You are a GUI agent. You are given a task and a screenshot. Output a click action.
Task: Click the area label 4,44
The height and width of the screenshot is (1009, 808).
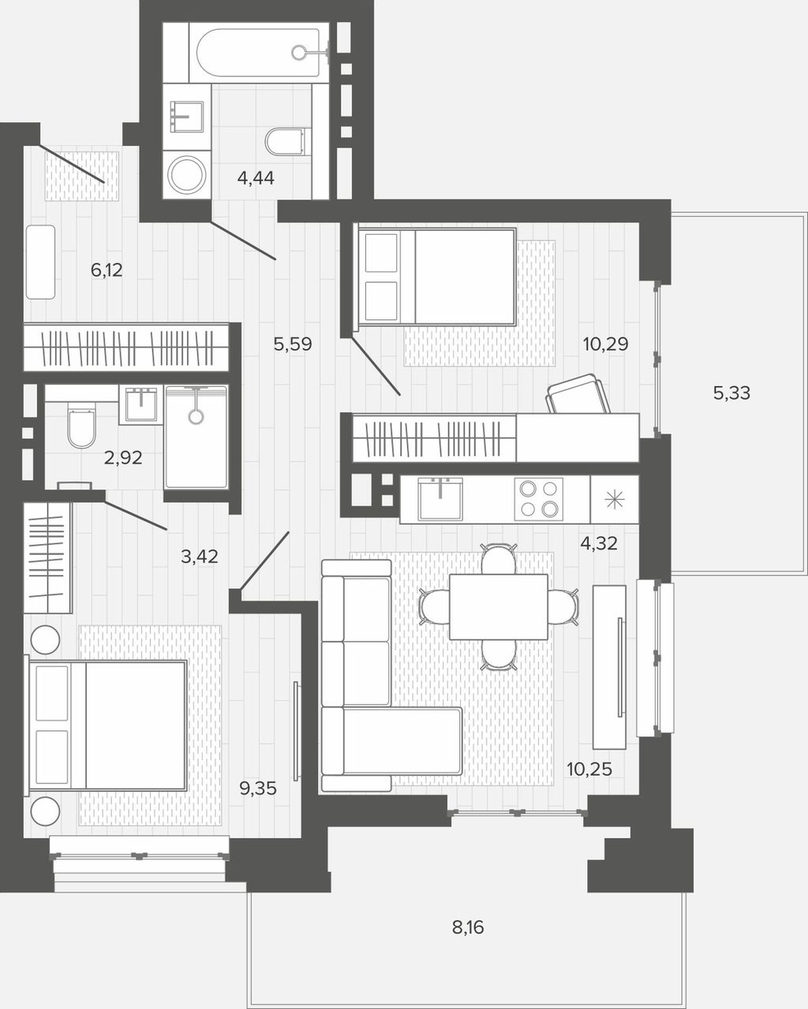click(x=256, y=178)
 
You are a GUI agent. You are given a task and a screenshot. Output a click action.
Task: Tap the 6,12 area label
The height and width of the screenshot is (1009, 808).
click(x=107, y=270)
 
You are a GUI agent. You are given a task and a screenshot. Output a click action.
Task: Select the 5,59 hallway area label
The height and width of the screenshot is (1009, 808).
click(x=293, y=344)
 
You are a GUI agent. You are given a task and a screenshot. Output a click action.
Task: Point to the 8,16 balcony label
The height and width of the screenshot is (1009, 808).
click(x=468, y=927)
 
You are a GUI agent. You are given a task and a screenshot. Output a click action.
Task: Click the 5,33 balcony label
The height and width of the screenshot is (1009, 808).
click(x=731, y=393)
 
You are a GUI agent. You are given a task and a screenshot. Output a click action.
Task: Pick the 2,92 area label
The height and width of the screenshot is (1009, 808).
click(x=123, y=458)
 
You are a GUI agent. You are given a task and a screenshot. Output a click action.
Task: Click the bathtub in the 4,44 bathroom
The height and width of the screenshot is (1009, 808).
click(x=258, y=53)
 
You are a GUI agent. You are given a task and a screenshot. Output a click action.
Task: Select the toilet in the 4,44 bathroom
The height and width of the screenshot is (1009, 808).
click(x=285, y=142)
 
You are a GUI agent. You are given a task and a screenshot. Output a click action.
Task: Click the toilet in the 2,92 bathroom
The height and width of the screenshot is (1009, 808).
click(x=81, y=427)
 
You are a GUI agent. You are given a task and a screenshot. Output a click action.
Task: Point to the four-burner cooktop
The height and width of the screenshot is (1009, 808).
click(x=538, y=499)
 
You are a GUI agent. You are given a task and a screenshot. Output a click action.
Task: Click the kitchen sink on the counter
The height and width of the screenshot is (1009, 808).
click(x=440, y=499)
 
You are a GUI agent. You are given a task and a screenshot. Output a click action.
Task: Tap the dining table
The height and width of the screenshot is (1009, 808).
click(x=499, y=607)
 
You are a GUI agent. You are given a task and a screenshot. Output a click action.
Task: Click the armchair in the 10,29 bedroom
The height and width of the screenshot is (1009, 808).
click(x=578, y=394)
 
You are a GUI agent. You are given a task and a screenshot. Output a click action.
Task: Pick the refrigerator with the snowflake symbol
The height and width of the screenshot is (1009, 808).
click(x=614, y=499)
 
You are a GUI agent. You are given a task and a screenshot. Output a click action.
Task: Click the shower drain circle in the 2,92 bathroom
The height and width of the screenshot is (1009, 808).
click(x=196, y=417)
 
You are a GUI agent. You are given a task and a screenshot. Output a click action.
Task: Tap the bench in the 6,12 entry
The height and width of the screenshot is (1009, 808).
click(x=40, y=262)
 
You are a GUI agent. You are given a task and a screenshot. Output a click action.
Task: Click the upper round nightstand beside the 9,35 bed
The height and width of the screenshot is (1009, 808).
click(x=45, y=639)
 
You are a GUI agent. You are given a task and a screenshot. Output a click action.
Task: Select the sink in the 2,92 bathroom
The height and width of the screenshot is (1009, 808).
click(x=141, y=404)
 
